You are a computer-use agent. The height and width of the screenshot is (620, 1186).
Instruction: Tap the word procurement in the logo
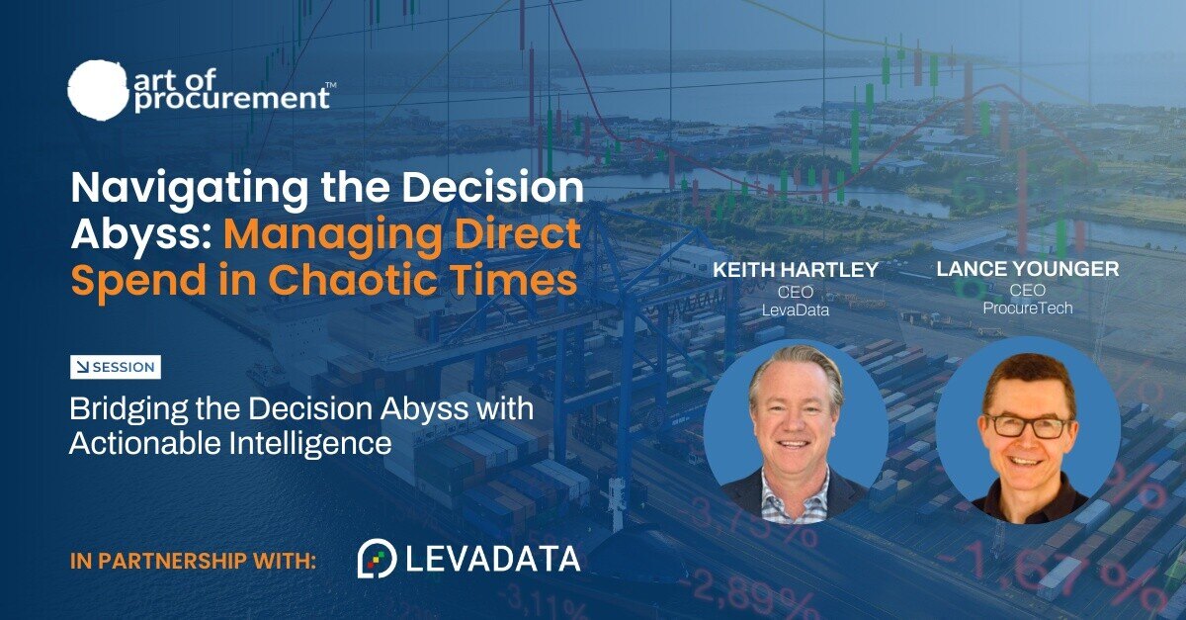[232, 99]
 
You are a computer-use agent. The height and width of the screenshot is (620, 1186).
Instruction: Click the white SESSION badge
[116, 367]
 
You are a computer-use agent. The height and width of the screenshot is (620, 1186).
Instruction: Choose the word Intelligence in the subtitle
[310, 443]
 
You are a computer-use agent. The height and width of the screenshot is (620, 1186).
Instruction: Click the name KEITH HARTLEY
[796, 270]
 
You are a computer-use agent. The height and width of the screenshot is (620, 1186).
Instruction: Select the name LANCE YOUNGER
[1028, 269]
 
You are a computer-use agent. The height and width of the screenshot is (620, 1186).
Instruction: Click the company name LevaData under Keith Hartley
[796, 310]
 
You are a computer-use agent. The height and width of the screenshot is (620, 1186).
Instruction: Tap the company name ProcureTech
[1028, 308]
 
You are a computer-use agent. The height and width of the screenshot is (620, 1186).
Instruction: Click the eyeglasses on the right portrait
[1029, 425]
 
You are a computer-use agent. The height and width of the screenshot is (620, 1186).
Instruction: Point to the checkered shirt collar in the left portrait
[795, 490]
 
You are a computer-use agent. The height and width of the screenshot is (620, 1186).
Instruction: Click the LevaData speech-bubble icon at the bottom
[377, 558]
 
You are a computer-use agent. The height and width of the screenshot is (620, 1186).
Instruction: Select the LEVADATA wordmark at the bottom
[493, 559]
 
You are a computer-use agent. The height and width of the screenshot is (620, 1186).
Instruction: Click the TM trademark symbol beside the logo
[330, 84]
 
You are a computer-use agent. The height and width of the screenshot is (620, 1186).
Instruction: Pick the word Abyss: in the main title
[141, 234]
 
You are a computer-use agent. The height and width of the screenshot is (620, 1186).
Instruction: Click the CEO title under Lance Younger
[1028, 290]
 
